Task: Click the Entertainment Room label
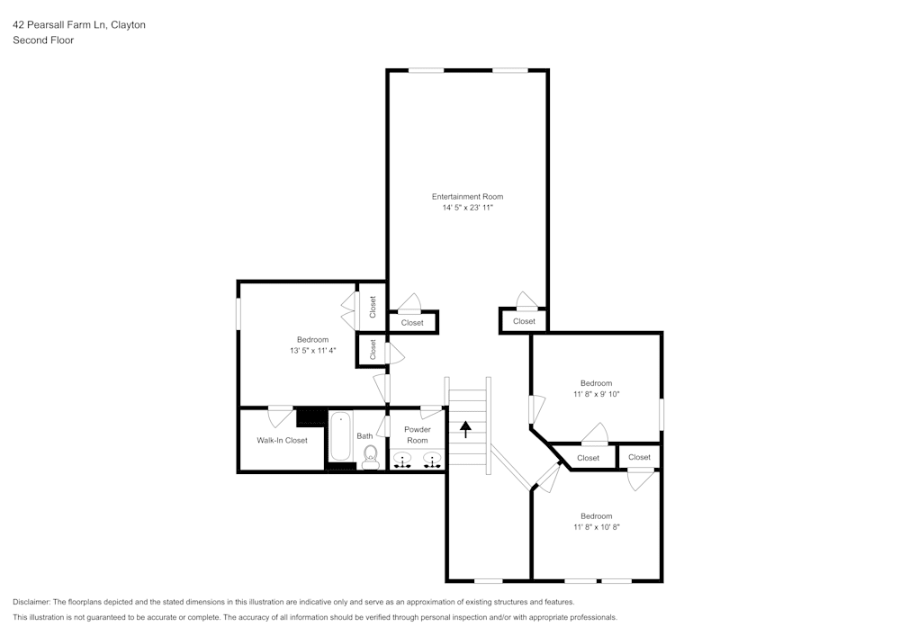coord(467,196)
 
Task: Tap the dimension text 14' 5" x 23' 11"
coord(467,208)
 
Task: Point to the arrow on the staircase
coord(465,428)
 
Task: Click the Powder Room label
coord(417,434)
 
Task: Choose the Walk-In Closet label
coord(282,440)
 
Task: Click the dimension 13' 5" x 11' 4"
coord(312,350)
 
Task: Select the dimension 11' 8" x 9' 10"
coord(596,394)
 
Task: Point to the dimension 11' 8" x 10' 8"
coord(596,527)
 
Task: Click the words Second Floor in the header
coord(43,40)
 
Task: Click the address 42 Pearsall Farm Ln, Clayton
coord(79,25)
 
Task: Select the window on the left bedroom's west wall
coord(238,313)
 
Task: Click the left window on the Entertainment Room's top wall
coord(427,70)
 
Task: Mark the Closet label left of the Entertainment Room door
coord(412,323)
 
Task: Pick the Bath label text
coord(364,436)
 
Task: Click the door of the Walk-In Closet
coord(281,417)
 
